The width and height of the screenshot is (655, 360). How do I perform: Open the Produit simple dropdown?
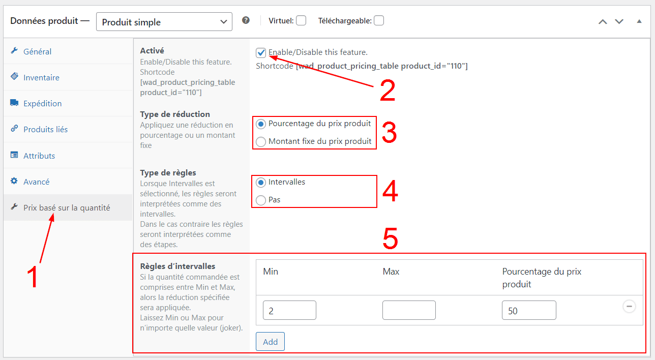[x=164, y=22]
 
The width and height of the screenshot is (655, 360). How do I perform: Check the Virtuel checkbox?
[x=301, y=21]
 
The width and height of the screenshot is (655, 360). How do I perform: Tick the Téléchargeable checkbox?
[x=379, y=21]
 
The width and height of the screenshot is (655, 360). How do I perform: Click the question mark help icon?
[x=246, y=20]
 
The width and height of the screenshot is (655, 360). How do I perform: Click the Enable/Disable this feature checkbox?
[x=260, y=53]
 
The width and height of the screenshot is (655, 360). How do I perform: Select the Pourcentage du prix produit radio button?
[x=260, y=124]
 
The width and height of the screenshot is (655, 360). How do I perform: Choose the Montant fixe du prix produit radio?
[x=260, y=141]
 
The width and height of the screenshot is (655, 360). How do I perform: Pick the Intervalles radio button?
[x=260, y=183]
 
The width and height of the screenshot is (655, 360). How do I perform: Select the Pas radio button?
[x=260, y=200]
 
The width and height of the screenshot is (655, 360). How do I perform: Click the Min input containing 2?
[x=289, y=310]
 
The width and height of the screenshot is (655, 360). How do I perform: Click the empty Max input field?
[x=409, y=310]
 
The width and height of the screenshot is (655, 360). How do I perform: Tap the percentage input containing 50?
[x=529, y=310]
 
